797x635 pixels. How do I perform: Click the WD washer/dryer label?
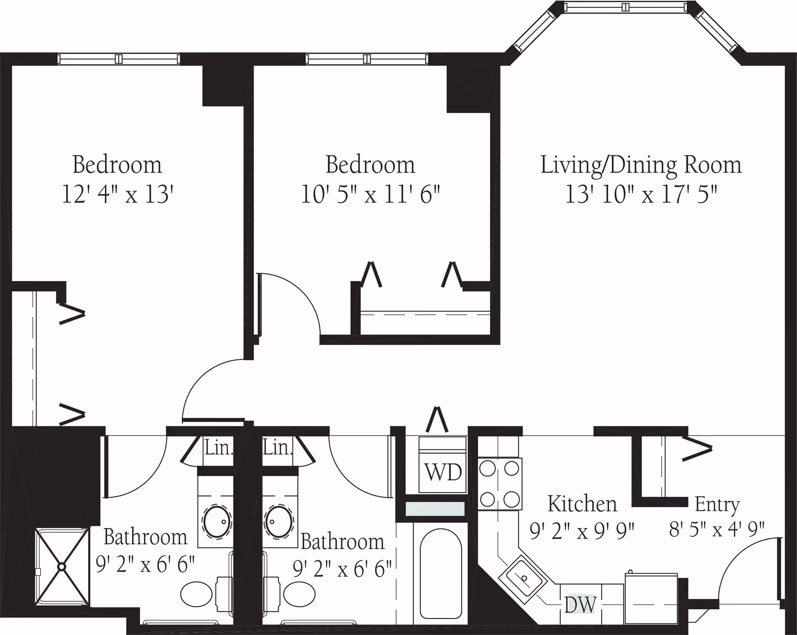[x=443, y=473]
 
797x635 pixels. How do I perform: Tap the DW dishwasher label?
[x=580, y=605]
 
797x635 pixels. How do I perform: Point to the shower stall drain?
[x=62, y=566]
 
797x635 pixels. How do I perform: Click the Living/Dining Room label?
[x=641, y=165]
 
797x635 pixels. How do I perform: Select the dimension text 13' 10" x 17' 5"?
[x=641, y=194]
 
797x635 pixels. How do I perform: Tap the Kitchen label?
[x=582, y=504]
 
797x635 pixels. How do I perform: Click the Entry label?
[x=717, y=505]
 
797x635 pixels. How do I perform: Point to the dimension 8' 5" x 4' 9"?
[x=717, y=529]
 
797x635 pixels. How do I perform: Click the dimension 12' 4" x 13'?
[x=117, y=194]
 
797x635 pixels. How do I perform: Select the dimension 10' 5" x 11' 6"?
[x=370, y=194]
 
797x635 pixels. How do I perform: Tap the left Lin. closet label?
[x=218, y=448]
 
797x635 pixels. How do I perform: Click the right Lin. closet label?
[x=278, y=448]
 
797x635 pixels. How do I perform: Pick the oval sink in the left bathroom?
[x=217, y=522]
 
